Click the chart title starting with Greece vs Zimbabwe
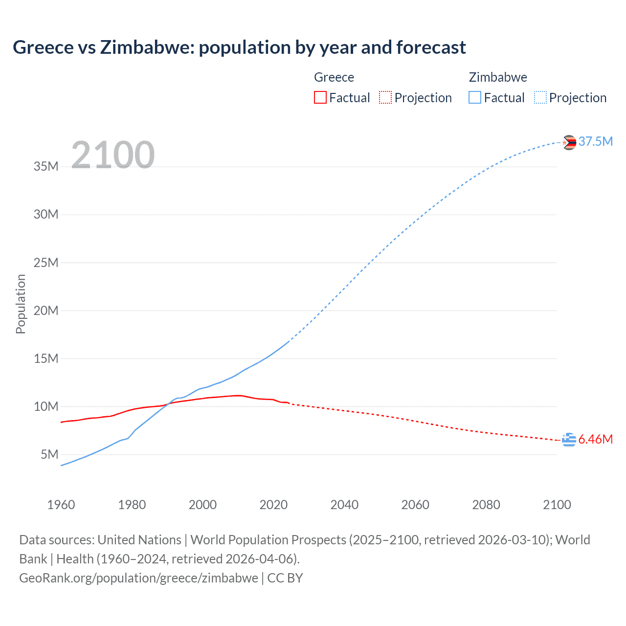pos(239,47)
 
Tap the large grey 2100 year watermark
pos(113,155)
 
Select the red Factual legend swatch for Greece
pos(320,97)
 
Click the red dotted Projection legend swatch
pos(385,97)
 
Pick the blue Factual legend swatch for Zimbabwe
pos(474,97)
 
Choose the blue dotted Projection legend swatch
pos(540,97)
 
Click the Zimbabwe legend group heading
pos(498,77)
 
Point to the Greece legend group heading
pos(334,77)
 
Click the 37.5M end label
pos(595,141)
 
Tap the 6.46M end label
pos(595,439)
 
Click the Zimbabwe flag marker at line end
pos(569,142)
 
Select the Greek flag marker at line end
pos(569,440)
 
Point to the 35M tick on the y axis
pos(46,166)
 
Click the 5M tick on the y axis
pos(49,454)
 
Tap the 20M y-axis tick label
pos(46,311)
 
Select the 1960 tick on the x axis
pos(61,505)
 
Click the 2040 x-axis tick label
pos(344,505)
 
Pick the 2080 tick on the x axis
pos(486,505)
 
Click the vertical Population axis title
pos(21,304)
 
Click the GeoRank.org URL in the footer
pos(138,578)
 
